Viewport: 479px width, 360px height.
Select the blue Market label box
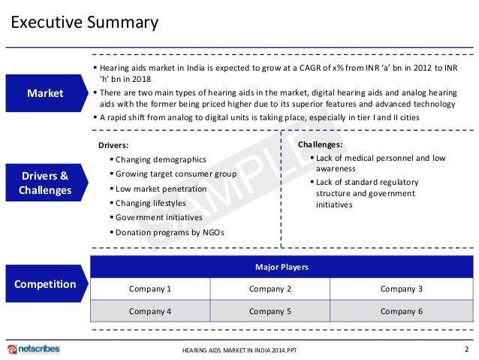click(x=45, y=93)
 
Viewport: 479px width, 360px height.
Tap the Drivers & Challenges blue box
click(x=45, y=183)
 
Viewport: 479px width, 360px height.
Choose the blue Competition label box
click(x=45, y=284)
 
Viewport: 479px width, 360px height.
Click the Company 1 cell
click(x=150, y=289)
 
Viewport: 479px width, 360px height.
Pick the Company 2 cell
click(x=270, y=289)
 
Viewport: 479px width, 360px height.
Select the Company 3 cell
click(x=402, y=289)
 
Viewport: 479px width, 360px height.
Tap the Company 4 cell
click(x=150, y=310)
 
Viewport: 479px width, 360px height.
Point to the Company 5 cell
click(x=270, y=310)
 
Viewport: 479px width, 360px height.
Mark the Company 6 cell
click(x=402, y=310)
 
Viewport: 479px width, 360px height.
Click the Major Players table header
click(x=282, y=267)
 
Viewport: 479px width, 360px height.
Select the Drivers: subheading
click(x=114, y=145)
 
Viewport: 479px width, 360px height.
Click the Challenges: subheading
click(x=321, y=144)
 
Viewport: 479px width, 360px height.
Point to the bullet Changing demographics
click(x=161, y=159)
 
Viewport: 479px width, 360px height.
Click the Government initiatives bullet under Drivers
click(x=159, y=217)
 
